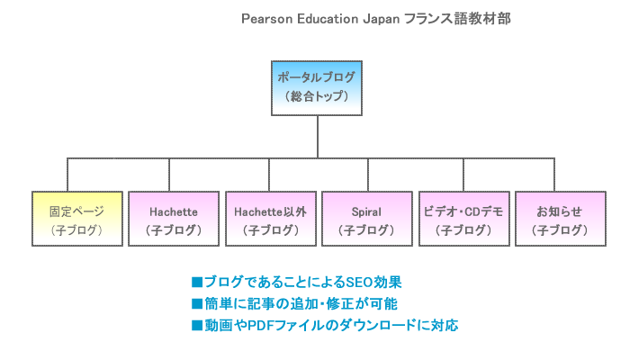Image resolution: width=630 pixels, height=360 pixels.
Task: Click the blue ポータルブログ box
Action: coord(317,88)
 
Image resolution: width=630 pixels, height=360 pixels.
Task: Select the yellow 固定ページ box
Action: coord(77,219)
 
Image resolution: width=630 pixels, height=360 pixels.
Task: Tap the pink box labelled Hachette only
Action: coord(174,219)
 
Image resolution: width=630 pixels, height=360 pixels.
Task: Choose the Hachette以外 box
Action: coord(271,219)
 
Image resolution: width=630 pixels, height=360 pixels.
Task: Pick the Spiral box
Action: coord(367,219)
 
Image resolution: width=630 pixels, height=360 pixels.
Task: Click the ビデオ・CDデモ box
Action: coord(464,219)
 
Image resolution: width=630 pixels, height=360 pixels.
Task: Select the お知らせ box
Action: coord(561,219)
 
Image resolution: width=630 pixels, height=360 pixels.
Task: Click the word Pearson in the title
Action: coord(266,19)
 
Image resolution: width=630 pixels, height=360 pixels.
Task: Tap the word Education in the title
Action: coord(328,19)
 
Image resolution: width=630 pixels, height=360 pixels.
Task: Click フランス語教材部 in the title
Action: coord(457,19)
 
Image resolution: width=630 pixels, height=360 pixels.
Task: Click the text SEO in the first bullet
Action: coord(359,282)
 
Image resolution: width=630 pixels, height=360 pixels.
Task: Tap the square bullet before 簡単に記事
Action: coord(197,304)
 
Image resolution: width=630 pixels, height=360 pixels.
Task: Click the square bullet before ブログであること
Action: coord(197,282)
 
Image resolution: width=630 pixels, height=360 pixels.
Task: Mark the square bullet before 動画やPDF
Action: coord(197,325)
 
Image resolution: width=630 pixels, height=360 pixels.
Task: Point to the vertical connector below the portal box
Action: coord(318,137)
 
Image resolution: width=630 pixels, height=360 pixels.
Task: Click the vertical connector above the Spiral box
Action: coord(367,175)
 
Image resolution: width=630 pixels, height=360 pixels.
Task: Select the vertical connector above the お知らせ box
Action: coord(554,175)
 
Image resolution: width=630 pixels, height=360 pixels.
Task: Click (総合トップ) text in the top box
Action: coord(317,96)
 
